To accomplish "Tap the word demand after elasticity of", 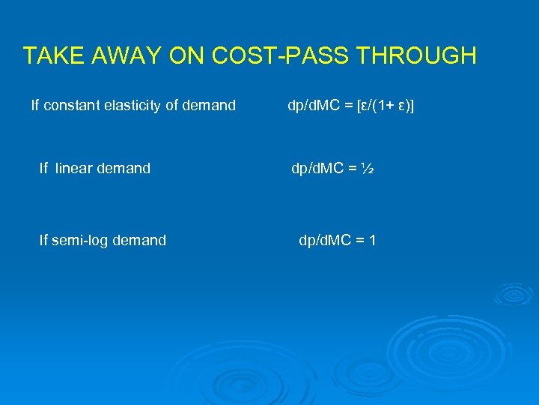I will click(212, 106).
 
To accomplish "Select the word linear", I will click(76, 169).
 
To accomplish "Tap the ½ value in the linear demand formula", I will click(366, 169).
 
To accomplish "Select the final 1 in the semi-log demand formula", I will click(372, 241).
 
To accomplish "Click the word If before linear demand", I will click(43, 169).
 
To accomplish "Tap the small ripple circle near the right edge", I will click(515, 293).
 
